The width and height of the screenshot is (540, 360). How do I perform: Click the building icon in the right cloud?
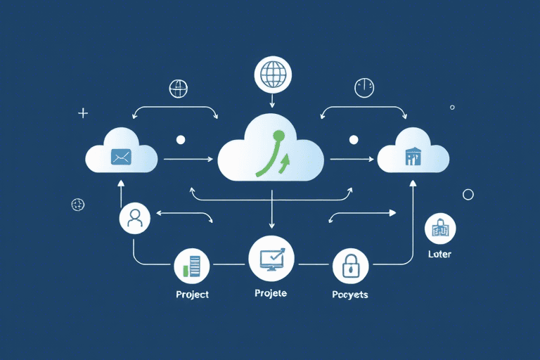[412, 156]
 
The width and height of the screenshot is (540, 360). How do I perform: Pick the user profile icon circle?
[135, 220]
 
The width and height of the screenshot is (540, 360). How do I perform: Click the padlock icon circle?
[349, 266]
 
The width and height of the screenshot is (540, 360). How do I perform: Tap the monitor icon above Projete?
[271, 258]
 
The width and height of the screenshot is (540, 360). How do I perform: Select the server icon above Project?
[191, 266]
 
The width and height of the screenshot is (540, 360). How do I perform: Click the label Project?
[192, 295]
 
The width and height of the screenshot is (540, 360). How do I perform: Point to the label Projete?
[270, 293]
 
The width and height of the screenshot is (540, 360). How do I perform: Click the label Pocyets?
[349, 295]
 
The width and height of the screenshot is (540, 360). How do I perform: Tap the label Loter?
[439, 254]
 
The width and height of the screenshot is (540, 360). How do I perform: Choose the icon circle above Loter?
[441, 228]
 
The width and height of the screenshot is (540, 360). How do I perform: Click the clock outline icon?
[364, 88]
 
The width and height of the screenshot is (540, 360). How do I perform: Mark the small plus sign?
[83, 112]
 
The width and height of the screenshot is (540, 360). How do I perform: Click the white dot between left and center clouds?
[180, 140]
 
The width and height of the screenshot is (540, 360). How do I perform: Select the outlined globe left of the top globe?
[179, 89]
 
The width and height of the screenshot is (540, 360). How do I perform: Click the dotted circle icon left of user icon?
[78, 204]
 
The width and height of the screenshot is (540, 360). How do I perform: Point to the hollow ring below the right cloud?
[468, 194]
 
